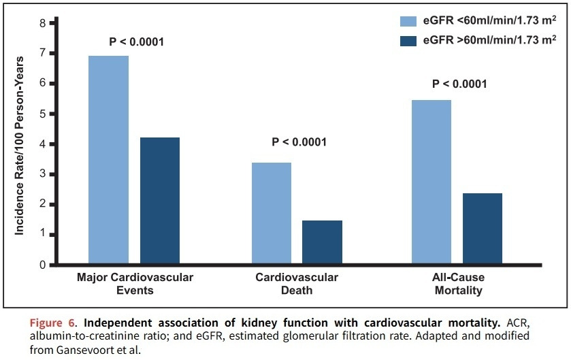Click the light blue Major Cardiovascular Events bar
tap(109, 160)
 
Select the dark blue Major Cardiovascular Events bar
tap(160, 201)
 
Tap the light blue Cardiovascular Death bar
tap(272, 213)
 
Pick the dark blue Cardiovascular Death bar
tap(322, 242)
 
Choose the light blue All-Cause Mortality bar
tap(431, 182)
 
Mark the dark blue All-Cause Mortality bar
tap(482, 229)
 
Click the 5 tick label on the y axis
tap(42, 114)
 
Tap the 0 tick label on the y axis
tap(42, 265)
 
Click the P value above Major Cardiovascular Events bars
tap(137, 42)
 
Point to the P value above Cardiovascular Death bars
tap(299, 142)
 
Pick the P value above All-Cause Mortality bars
tap(459, 84)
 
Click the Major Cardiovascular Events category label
tap(135, 284)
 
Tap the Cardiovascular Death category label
tap(297, 284)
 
